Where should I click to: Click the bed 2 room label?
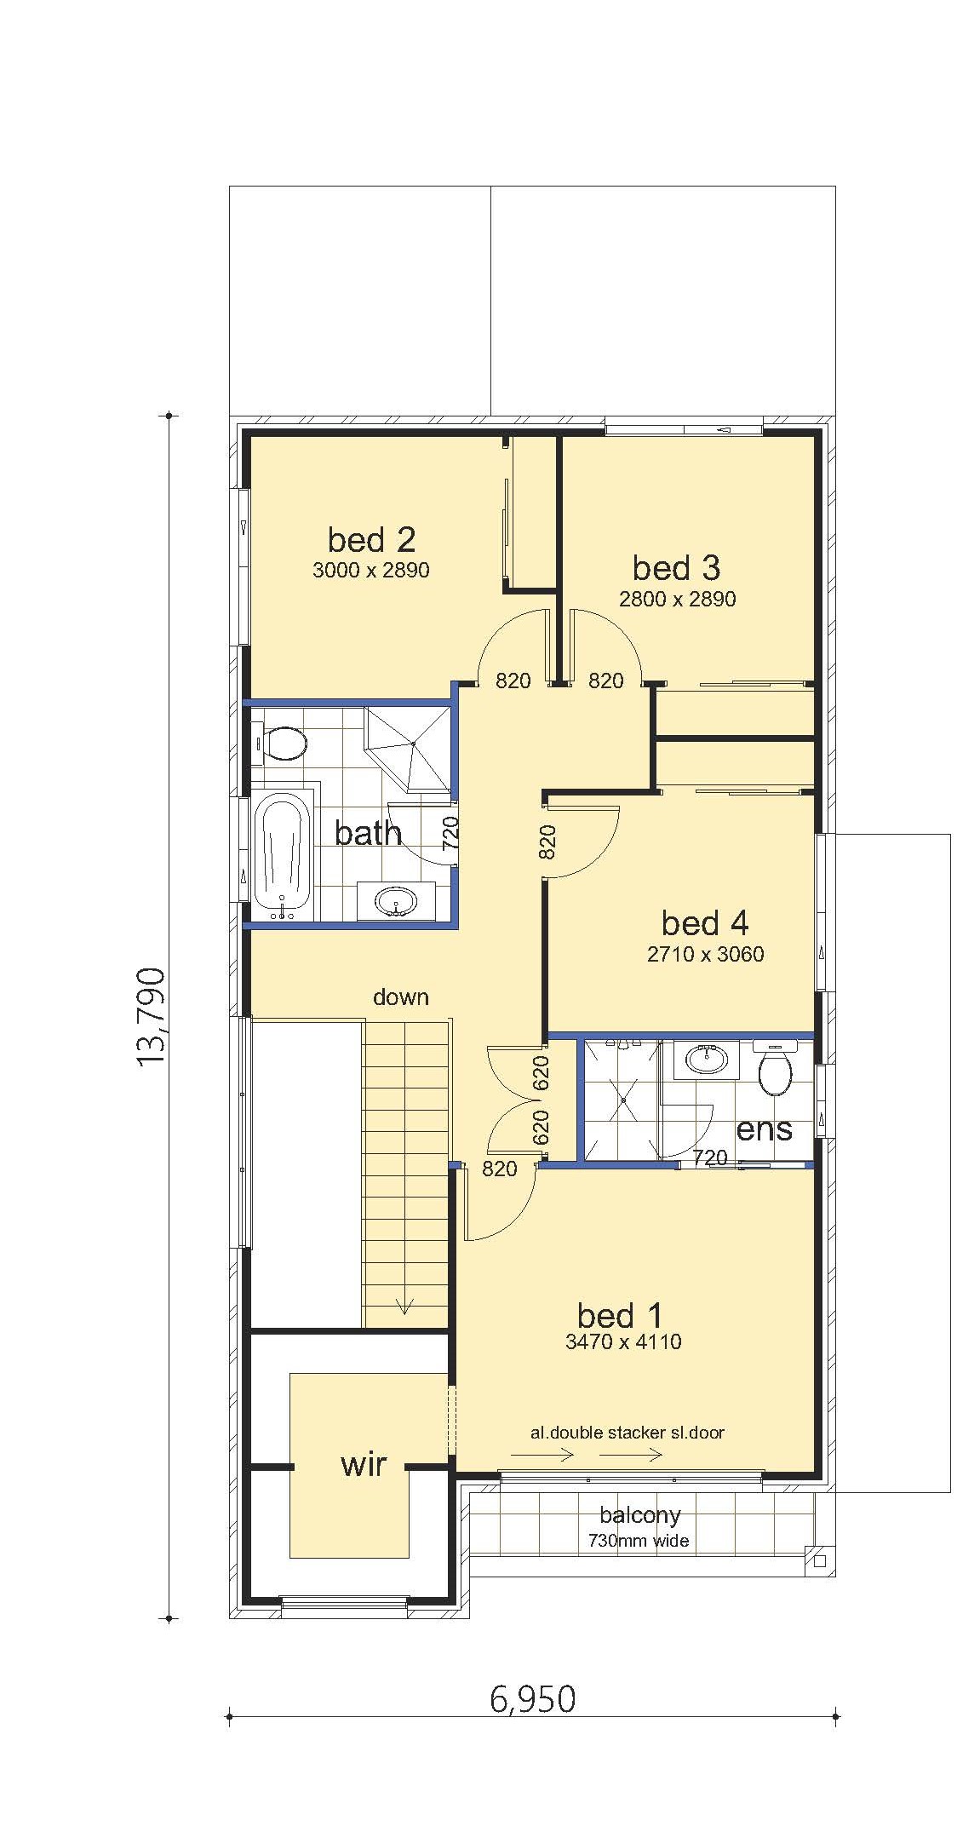[371, 539]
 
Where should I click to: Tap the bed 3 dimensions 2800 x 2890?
[678, 599]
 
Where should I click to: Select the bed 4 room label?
[705, 922]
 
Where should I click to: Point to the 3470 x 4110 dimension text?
[623, 1342]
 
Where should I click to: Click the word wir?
[364, 1463]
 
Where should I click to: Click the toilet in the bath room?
[281, 744]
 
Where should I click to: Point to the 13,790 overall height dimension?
[151, 1016]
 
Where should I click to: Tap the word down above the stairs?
[401, 997]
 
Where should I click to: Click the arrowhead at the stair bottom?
[404, 1305]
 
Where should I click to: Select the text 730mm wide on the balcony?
[639, 1540]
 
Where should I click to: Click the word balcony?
[640, 1515]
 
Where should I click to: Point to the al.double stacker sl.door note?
[628, 1432]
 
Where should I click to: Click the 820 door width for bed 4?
[547, 841]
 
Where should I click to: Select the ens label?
[764, 1129]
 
